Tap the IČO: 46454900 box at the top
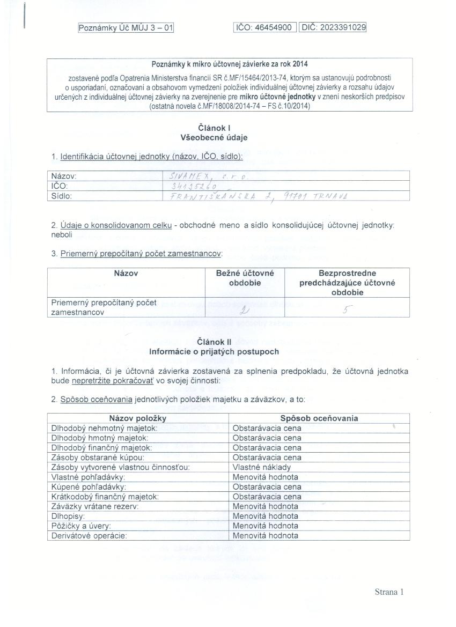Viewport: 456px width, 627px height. tap(265, 27)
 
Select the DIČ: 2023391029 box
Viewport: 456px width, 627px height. tap(334, 27)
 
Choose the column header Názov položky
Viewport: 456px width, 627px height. tap(138, 418)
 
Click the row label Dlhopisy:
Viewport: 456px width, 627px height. tap(69, 515)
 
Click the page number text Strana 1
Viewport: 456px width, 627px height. tap(388, 592)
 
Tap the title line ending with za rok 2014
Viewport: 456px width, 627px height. tap(230, 64)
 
